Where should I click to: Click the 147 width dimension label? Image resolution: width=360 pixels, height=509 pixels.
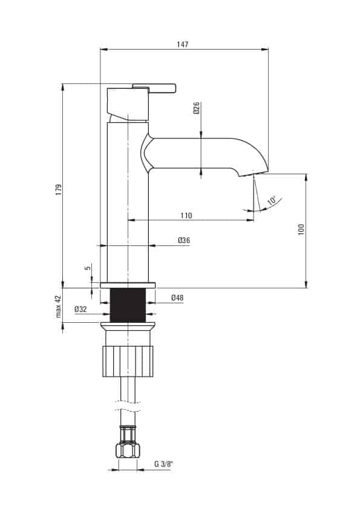point(183,44)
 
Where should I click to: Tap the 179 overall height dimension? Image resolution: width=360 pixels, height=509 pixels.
point(59,190)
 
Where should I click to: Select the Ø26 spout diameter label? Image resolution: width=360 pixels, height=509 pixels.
point(196,108)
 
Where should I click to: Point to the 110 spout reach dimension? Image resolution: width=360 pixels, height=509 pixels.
point(186,215)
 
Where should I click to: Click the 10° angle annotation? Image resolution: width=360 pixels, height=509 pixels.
point(272,200)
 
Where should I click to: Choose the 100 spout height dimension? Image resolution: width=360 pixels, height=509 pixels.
point(301,230)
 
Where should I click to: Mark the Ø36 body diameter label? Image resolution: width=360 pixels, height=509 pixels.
point(184,240)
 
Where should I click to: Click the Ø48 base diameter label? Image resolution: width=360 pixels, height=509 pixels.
point(177,297)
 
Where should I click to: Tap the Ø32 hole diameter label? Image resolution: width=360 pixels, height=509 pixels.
point(80,309)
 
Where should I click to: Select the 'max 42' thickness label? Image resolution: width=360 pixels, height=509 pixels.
point(58,306)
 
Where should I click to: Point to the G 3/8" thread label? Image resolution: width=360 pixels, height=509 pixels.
point(163,464)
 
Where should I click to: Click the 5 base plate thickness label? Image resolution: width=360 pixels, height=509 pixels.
point(87,268)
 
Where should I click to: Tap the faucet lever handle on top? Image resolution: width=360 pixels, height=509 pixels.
point(154,88)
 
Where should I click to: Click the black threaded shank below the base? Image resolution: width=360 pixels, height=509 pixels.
point(128,305)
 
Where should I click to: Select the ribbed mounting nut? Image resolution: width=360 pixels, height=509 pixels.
point(128,361)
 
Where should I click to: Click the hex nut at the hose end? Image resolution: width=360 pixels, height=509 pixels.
point(128,450)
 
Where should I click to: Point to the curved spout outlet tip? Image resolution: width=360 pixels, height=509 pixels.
point(254,173)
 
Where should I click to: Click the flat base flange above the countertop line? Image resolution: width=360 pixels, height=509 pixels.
point(128,285)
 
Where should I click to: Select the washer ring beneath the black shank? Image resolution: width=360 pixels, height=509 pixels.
point(128,325)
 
